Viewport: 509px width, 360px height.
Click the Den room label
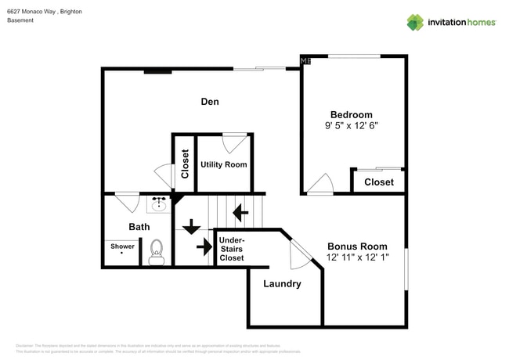click(209, 102)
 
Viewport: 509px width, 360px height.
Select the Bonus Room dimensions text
click(357, 257)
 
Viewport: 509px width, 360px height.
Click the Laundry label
click(282, 284)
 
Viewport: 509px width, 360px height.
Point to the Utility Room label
click(223, 164)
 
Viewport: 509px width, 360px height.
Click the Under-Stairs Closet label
click(232, 248)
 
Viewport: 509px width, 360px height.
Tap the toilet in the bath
click(156, 251)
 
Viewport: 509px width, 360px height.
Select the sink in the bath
click(158, 205)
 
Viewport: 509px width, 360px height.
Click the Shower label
click(122, 247)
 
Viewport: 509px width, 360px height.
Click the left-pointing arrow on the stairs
click(240, 211)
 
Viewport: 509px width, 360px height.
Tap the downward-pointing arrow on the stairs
click(190, 227)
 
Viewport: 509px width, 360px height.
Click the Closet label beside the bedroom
click(378, 182)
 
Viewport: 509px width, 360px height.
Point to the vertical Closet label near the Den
click(185, 164)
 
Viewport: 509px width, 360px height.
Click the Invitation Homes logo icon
click(415, 22)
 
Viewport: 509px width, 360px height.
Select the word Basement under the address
click(20, 20)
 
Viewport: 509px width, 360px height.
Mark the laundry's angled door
click(300, 252)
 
